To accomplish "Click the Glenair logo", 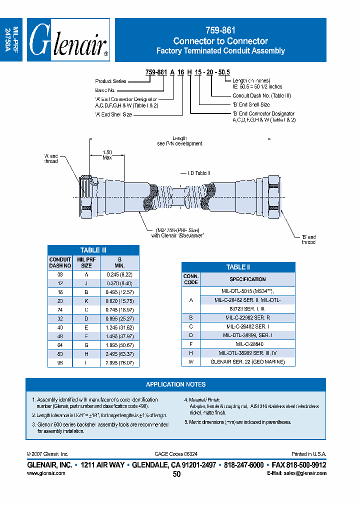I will [68, 40].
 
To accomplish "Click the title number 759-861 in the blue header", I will [220, 31].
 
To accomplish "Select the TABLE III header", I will [93, 250].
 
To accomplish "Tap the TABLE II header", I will [238, 267].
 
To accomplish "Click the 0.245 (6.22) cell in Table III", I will [119, 274].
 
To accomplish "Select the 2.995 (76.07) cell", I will [119, 363].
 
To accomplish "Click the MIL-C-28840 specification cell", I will [247, 344].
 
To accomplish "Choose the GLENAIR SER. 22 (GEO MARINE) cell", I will [247, 361].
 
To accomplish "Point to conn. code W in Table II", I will [190, 361].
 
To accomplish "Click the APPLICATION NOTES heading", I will [175, 384].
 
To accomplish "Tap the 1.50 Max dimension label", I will [107, 155].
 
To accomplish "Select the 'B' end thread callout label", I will [308, 239].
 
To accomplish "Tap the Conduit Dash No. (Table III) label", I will [261, 95].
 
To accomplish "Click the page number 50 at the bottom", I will [176, 474].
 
